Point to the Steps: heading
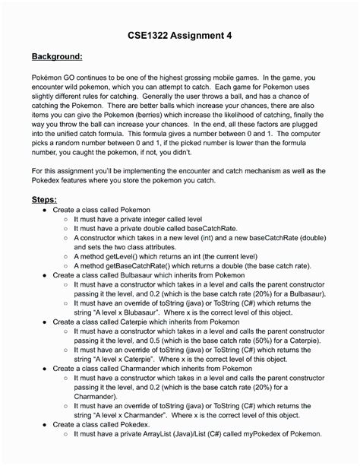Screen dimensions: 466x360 point(45,198)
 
